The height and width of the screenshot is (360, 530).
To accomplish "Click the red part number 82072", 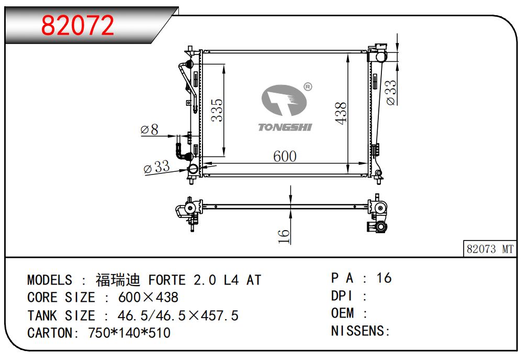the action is click(77, 25).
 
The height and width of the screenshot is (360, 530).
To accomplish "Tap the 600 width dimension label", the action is click(285, 157).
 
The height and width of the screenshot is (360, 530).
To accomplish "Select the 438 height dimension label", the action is click(341, 113).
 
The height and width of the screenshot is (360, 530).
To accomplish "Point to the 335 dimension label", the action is click(217, 110).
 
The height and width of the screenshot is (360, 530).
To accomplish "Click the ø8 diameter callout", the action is click(150, 129).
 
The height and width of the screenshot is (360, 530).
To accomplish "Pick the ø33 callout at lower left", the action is click(156, 167).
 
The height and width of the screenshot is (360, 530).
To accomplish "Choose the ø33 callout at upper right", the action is click(390, 92).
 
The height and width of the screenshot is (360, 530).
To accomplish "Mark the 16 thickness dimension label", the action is click(284, 236).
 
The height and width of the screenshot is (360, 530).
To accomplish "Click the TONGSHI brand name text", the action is click(285, 127).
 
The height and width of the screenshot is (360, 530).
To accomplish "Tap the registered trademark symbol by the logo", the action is click(308, 86).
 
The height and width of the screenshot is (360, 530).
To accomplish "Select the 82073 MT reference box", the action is click(490, 249).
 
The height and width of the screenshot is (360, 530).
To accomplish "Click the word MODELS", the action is click(50, 280).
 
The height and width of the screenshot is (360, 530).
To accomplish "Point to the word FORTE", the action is click(167, 280).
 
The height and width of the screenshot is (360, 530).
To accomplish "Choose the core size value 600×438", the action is click(148, 297).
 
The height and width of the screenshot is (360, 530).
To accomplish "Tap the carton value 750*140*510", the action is click(129, 333).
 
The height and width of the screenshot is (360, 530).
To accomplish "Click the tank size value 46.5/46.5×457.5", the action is click(178, 315).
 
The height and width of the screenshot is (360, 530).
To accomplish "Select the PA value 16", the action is click(384, 278).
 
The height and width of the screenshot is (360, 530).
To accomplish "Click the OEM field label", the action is click(342, 313).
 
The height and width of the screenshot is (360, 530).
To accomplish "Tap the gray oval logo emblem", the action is click(284, 100).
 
